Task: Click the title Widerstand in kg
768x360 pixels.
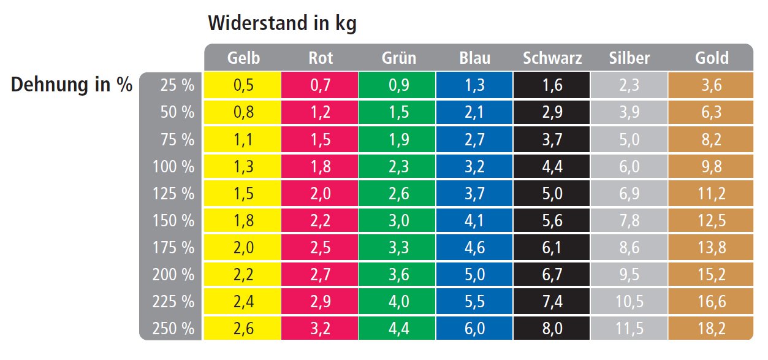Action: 282,23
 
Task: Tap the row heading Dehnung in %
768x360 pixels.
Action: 72,85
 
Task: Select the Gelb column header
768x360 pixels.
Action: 243,58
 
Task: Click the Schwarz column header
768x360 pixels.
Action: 552,58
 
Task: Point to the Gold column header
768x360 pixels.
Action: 712,58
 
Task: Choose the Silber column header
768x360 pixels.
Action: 629,58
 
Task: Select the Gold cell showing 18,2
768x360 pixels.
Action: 711,328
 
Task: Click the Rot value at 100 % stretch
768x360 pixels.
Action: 321,167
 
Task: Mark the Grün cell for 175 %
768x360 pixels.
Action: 398,248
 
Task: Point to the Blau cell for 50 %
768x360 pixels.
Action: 475,113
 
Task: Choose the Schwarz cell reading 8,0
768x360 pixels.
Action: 552,328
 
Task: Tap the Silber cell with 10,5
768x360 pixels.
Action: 629,301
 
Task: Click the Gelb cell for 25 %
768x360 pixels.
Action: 243,85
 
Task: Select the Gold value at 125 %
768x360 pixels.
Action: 711,194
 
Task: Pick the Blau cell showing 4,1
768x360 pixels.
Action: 475,221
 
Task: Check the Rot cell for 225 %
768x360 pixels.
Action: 321,301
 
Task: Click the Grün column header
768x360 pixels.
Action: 398,58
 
